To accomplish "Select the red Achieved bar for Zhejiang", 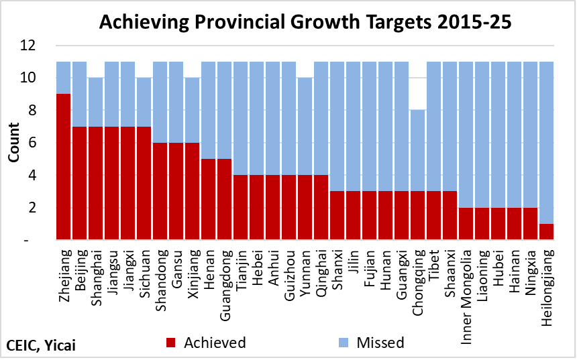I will [64, 166].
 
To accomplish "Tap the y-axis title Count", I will [13, 143].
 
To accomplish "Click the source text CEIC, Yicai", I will [41, 345].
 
